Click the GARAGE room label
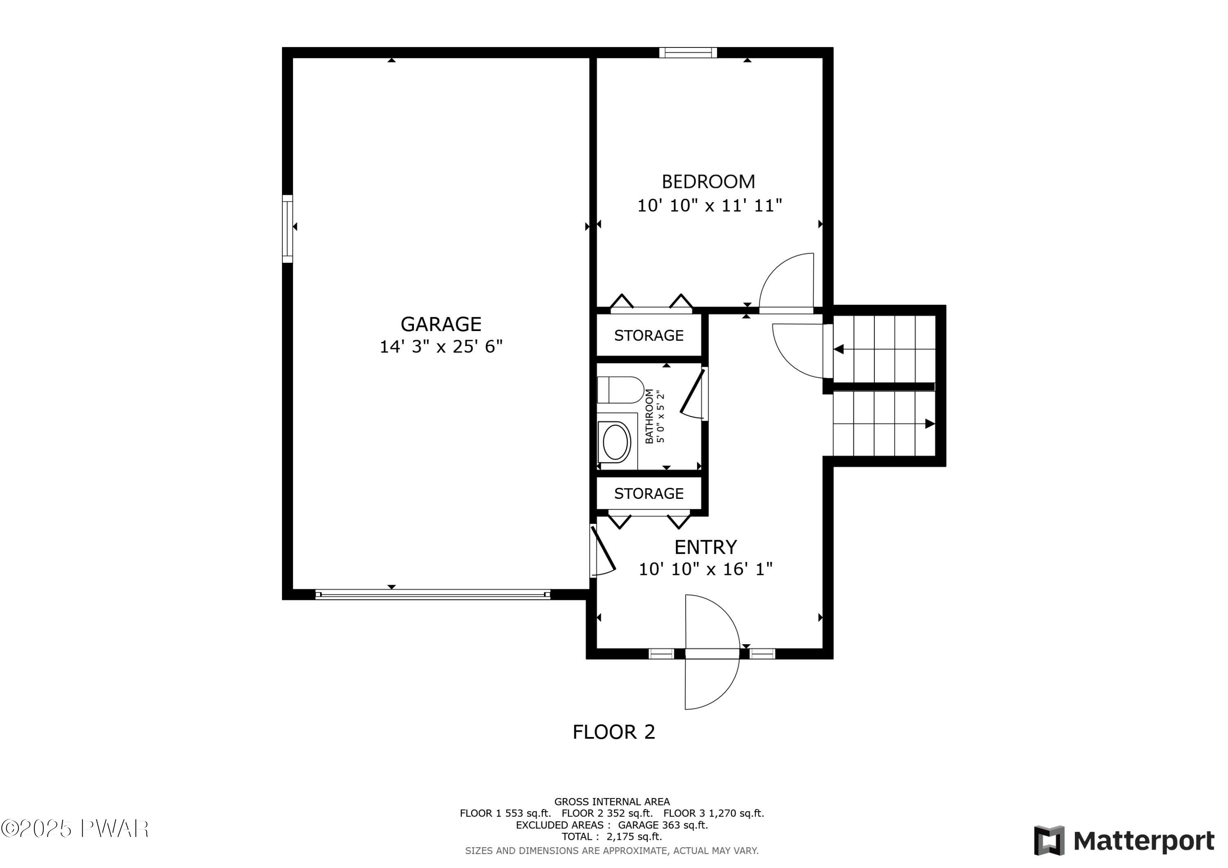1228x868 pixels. coord(441,324)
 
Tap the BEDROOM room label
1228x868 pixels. coord(708,182)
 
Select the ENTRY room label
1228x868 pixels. coord(705,547)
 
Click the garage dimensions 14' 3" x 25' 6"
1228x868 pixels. coord(441,347)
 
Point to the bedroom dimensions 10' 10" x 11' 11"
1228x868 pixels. coord(709,205)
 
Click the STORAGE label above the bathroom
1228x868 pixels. coord(648,335)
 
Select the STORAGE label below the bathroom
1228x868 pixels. coord(648,493)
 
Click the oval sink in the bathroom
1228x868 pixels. coord(615,442)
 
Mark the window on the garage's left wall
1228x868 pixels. coord(288,229)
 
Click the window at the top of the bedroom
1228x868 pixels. coord(688,52)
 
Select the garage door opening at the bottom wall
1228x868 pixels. coord(432,594)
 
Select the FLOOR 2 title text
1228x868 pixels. coord(614,732)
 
